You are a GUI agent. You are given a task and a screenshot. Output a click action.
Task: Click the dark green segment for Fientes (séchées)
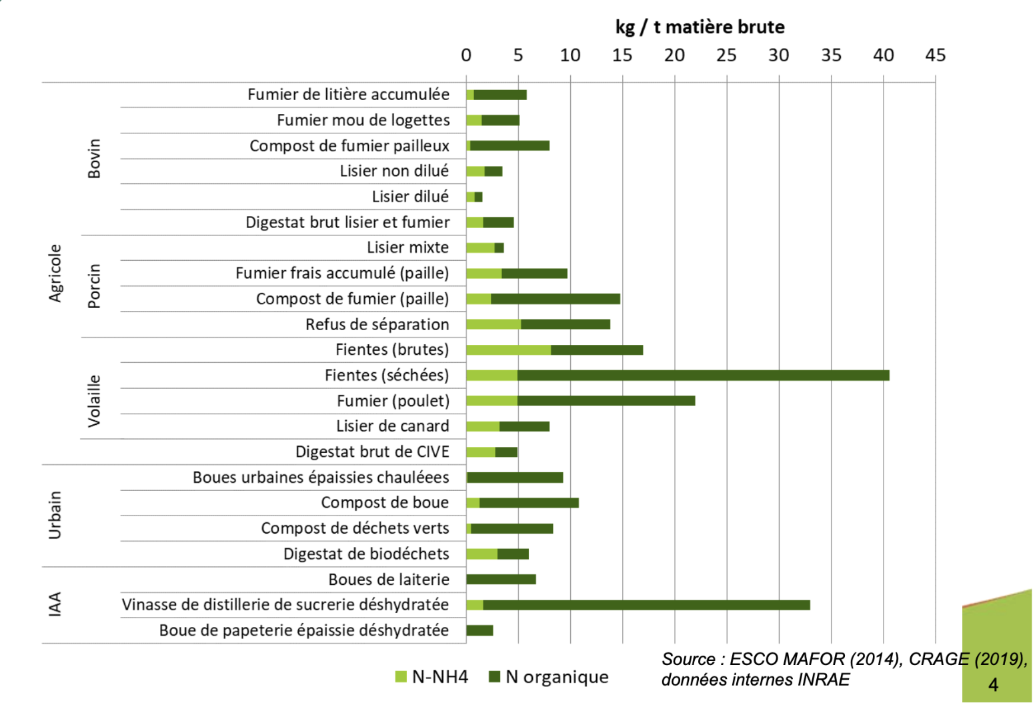[x=704, y=376]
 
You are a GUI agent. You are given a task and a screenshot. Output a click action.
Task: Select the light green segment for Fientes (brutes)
[x=509, y=350]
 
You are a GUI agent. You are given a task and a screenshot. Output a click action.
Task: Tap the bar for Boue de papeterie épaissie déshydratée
[x=479, y=630]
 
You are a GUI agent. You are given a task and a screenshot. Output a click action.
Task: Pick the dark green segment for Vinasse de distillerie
[x=646, y=605]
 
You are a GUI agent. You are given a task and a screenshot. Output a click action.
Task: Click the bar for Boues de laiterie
[x=501, y=580]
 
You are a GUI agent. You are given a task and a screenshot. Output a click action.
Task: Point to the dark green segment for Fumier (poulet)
[x=606, y=401]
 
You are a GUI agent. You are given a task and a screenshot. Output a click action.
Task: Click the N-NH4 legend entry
[x=431, y=677]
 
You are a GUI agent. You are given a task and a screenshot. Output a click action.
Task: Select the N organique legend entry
[x=549, y=677]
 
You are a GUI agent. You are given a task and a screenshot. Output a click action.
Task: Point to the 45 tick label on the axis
[x=935, y=55]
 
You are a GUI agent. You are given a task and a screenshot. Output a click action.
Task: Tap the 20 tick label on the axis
[x=675, y=55]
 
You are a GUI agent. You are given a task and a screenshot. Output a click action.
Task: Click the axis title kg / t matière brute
[x=700, y=27]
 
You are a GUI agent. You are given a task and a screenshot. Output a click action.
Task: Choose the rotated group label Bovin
[x=94, y=159]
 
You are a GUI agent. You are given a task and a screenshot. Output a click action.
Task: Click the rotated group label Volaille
[x=94, y=401]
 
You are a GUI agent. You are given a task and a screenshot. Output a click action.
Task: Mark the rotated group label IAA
[x=55, y=604]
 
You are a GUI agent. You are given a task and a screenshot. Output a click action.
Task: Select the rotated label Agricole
[x=55, y=273]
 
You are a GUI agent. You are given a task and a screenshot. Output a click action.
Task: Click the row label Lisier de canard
[x=393, y=426]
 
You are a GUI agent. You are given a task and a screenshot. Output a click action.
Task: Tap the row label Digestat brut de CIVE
[x=372, y=452]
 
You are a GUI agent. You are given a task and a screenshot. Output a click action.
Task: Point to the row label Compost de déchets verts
[x=355, y=528]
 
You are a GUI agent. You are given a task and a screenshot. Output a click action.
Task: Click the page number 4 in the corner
[x=994, y=684]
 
